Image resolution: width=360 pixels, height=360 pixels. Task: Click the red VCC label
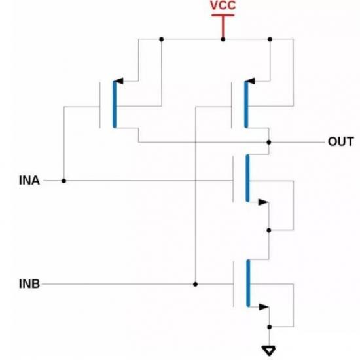pyautogui.click(x=223, y=5)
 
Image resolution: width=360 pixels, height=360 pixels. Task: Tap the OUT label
pyautogui.click(x=341, y=141)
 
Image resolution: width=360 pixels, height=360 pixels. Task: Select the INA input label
pyautogui.click(x=29, y=181)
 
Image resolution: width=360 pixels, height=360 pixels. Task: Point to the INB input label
pyautogui.click(x=29, y=284)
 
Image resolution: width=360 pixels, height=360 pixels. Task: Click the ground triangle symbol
pyautogui.click(x=269, y=350)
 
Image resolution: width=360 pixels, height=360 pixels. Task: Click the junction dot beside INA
pyautogui.click(x=64, y=181)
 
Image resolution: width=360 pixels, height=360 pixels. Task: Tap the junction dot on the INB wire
pyautogui.click(x=195, y=284)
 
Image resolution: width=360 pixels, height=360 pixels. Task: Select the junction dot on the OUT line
pyautogui.click(x=269, y=142)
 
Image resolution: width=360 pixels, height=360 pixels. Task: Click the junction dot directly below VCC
pyautogui.click(x=223, y=39)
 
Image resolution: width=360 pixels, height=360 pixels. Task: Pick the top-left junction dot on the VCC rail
pyautogui.click(x=162, y=39)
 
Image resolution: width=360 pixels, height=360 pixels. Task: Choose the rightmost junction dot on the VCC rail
pyautogui.click(x=270, y=39)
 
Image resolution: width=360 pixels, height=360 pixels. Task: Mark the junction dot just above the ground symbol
pyautogui.click(x=269, y=327)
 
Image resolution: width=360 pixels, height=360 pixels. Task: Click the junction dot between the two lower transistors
pyautogui.click(x=269, y=230)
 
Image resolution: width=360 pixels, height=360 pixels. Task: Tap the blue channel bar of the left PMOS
pyautogui.click(x=115, y=104)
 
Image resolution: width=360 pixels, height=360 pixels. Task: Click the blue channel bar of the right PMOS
pyautogui.click(x=246, y=104)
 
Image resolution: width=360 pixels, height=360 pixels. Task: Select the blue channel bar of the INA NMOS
pyautogui.click(x=247, y=178)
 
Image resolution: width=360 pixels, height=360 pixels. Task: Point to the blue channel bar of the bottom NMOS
pyautogui.click(x=248, y=283)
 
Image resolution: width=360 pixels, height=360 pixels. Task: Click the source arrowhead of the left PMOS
pyautogui.click(x=119, y=81)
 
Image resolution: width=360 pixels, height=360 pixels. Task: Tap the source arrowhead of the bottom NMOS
pyautogui.click(x=264, y=307)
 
